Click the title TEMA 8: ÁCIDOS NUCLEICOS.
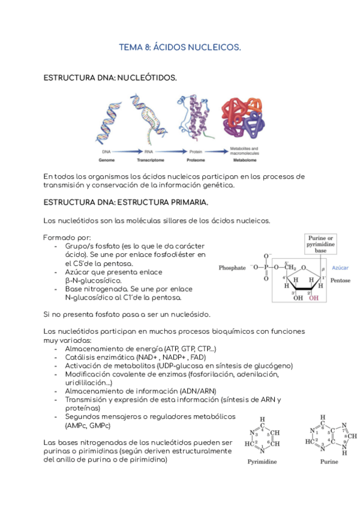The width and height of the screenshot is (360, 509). [180, 47]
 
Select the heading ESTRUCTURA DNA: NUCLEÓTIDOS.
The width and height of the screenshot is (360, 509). [110, 78]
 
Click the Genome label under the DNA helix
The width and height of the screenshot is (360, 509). [107, 161]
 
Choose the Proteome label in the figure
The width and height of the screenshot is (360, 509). [197, 161]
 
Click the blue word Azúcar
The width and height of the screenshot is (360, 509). [340, 268]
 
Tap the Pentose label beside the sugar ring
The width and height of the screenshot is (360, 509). [340, 280]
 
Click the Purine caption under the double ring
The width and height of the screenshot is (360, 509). [328, 462]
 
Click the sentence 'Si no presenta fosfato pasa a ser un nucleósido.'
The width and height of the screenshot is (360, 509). [127, 314]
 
